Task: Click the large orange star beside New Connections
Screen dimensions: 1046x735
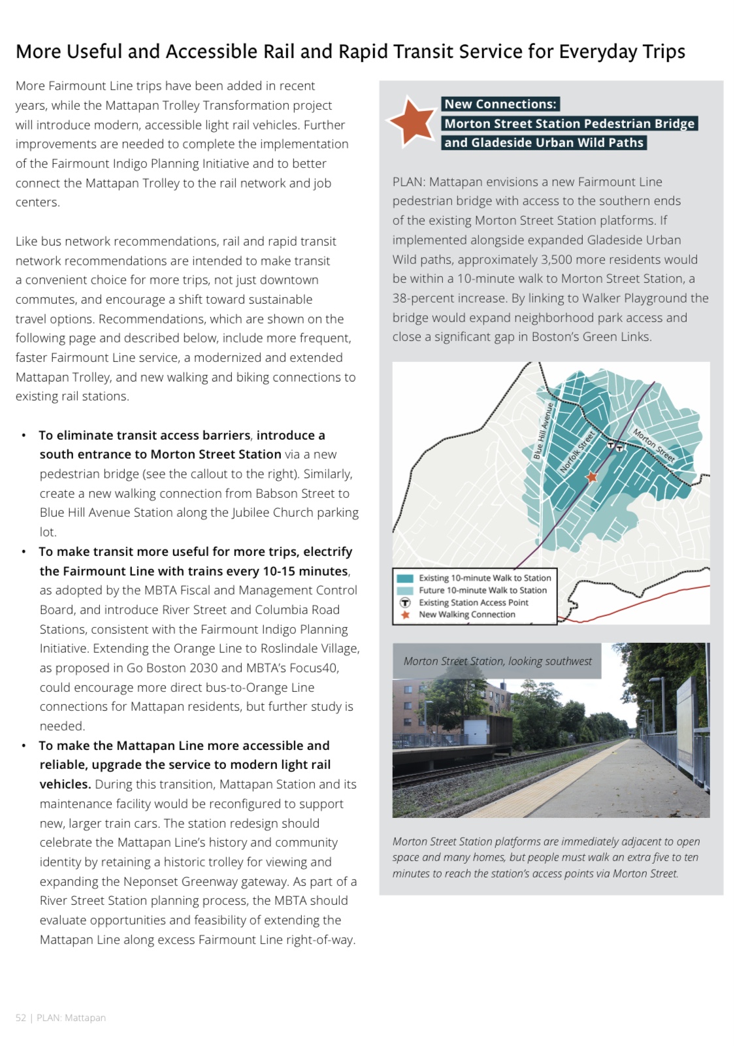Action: point(411,121)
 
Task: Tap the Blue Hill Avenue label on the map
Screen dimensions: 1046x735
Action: point(543,431)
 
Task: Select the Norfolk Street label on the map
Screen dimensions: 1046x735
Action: point(577,452)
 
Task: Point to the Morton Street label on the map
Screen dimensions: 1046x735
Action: point(653,445)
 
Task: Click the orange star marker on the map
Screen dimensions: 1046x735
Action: point(592,478)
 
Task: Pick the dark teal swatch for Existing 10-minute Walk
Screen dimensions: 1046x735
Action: point(405,578)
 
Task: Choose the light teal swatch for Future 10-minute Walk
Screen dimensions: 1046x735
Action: point(405,591)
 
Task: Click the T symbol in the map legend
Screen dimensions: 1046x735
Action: point(405,602)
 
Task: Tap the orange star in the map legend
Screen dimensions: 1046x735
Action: point(405,615)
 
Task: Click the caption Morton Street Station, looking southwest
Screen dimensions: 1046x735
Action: point(497,661)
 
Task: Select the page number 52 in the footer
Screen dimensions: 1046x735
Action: point(21,1018)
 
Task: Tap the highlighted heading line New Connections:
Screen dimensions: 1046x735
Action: point(500,104)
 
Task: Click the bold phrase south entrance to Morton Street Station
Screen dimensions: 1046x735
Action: point(160,454)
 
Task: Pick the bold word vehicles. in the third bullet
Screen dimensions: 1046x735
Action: point(65,784)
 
